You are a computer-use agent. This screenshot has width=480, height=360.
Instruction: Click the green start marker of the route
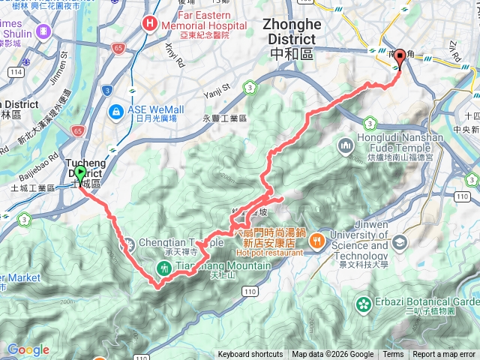click(79, 174)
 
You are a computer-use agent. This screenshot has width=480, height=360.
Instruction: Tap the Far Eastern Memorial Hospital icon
click(151, 23)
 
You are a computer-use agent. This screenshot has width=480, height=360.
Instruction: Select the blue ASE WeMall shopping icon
click(116, 112)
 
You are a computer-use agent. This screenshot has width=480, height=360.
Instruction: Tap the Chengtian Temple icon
click(128, 243)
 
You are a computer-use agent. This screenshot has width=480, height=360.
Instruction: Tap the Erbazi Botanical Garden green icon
click(364, 304)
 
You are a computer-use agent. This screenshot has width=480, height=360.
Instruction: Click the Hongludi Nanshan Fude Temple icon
click(346, 144)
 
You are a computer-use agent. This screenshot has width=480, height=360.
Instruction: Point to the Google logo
click(28, 349)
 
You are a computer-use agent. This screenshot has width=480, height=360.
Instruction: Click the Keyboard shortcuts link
click(250, 355)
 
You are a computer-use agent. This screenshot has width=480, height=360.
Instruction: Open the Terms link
click(393, 355)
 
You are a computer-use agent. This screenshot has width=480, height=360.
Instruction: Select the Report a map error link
click(444, 355)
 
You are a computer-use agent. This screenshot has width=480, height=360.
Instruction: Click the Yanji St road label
click(219, 94)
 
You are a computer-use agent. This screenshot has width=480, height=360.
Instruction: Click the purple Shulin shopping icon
click(42, 31)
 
